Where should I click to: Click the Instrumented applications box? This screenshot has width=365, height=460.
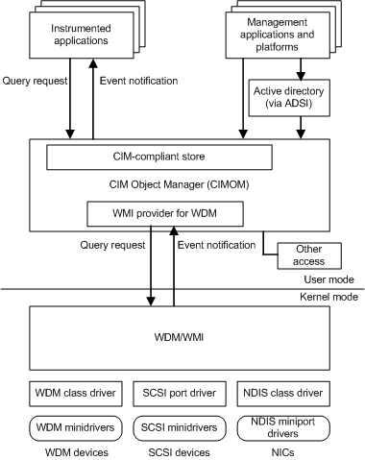80,35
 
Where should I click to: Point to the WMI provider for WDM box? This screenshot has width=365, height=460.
164,212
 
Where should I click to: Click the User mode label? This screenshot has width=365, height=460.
328,279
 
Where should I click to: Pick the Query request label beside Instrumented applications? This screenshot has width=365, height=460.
36,81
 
